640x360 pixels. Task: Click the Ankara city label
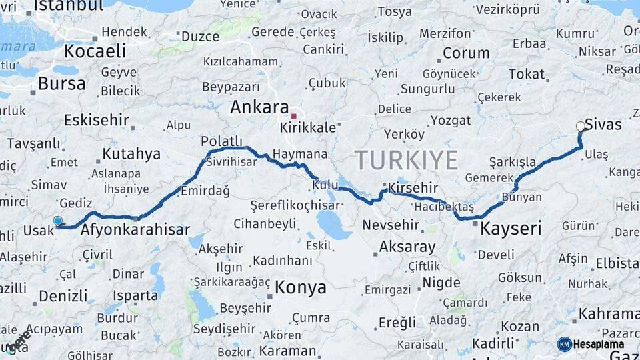(260, 107)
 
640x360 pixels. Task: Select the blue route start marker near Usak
(58, 221)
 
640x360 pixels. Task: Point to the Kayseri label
(511, 229)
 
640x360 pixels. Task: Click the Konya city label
(301, 287)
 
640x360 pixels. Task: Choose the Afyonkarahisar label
(135, 230)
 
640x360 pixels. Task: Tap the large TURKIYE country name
(406, 160)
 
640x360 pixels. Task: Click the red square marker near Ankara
(293, 116)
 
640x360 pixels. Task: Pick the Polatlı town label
(222, 141)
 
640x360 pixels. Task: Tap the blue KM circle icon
(565, 344)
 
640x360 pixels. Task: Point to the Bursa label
(62, 83)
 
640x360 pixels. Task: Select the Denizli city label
(63, 295)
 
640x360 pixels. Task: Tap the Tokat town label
(527, 74)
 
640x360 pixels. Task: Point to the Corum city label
(466, 53)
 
